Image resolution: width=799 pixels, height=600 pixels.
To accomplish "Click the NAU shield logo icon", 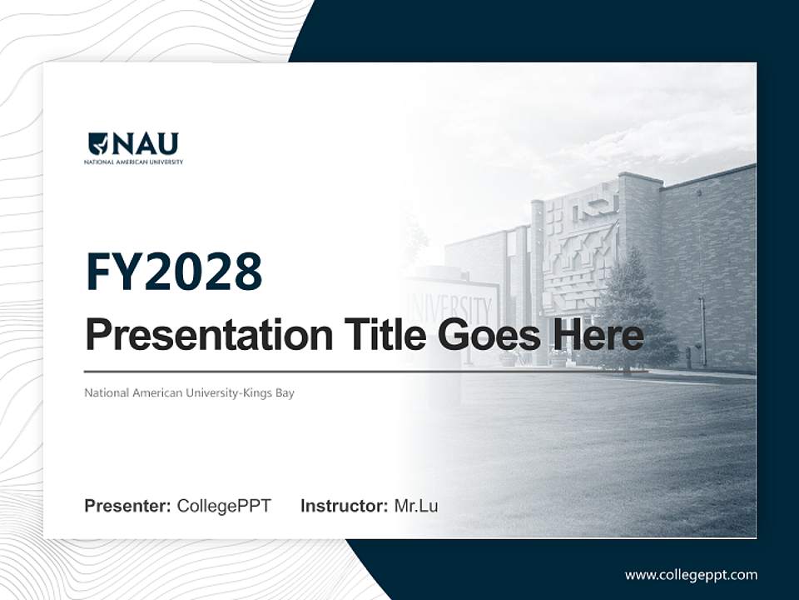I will pyautogui.click(x=98, y=144).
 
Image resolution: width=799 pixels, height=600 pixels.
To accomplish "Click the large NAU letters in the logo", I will pyautogui.click(x=145, y=144).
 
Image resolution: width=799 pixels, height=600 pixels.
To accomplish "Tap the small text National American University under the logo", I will pyautogui.click(x=133, y=162).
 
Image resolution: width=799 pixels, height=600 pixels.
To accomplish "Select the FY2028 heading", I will pyautogui.click(x=174, y=272).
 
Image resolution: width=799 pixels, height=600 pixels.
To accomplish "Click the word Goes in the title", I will pyautogui.click(x=488, y=335).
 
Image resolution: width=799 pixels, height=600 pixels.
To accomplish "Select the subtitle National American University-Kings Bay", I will pyautogui.click(x=189, y=392).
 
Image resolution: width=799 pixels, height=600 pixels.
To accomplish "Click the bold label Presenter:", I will pyautogui.click(x=127, y=506).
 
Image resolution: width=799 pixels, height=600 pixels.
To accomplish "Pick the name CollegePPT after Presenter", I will pyautogui.click(x=224, y=506).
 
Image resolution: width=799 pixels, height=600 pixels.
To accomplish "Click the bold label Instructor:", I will pyautogui.click(x=344, y=506).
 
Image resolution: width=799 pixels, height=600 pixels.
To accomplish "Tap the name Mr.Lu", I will pyautogui.click(x=416, y=506).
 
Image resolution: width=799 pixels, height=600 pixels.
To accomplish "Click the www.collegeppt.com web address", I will pyautogui.click(x=691, y=574).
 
